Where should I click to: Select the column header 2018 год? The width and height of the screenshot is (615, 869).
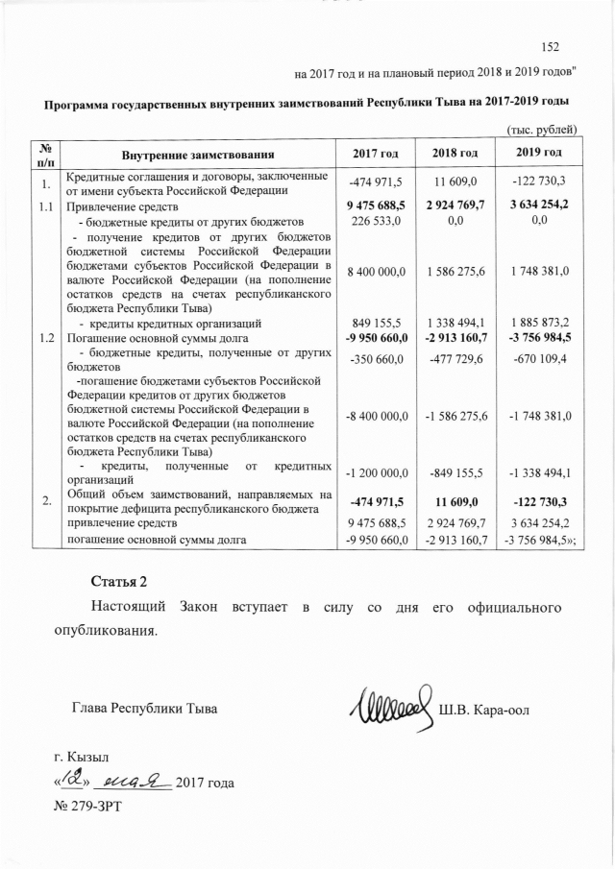[455, 154]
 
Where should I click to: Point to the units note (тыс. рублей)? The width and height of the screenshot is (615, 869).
[541, 130]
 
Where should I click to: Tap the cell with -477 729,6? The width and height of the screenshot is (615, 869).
[455, 360]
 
